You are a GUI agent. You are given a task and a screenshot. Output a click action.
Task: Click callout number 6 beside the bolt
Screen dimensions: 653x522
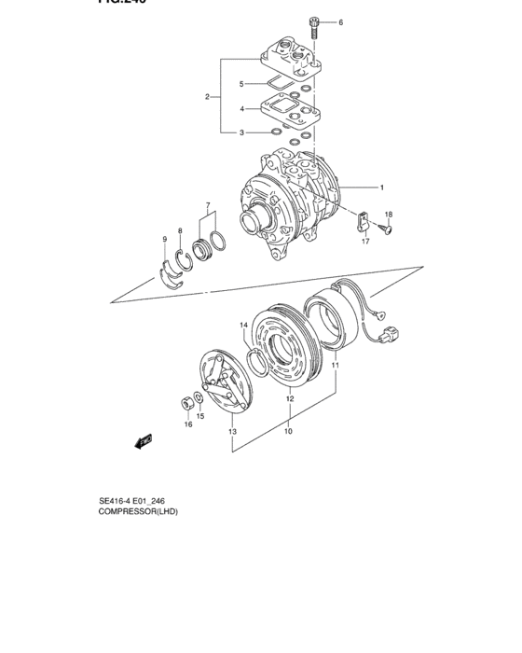[340, 21]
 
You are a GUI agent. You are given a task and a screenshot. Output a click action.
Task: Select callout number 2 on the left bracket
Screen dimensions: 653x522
[207, 97]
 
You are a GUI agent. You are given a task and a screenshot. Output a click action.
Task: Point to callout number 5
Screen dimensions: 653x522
[241, 84]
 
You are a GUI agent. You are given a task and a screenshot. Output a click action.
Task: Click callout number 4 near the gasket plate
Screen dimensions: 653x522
[241, 109]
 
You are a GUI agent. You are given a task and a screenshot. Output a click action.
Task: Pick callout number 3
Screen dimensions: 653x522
[241, 133]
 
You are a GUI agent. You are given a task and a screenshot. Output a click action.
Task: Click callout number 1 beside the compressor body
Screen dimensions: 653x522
[381, 188]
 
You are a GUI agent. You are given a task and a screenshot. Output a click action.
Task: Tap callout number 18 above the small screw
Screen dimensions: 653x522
[389, 215]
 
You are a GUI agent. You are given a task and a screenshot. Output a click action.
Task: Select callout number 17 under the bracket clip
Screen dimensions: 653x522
[366, 242]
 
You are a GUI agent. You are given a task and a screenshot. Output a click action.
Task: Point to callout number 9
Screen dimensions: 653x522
[165, 240]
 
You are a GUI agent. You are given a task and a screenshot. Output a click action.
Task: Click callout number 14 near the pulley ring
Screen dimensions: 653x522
[244, 326]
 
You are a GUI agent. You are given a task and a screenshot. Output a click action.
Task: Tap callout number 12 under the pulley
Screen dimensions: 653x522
[290, 398]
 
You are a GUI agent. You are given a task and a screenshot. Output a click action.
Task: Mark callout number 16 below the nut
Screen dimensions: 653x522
[186, 424]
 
